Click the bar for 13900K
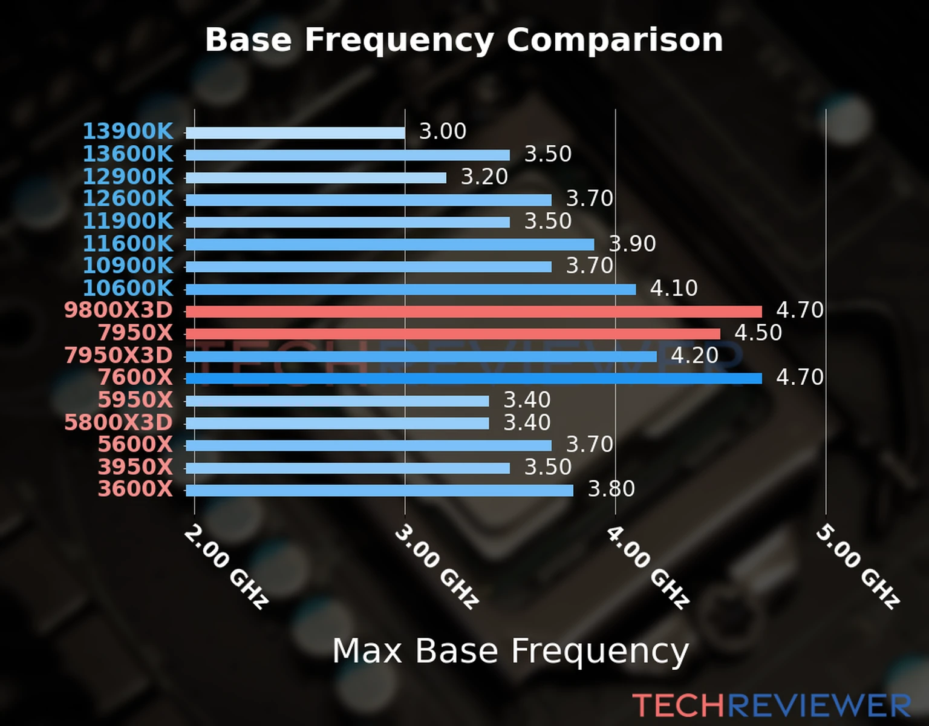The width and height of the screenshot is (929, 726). point(295,133)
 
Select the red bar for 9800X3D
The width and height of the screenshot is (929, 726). point(474,312)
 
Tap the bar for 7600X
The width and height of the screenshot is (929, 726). point(474,379)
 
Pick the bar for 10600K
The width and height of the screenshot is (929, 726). point(411,289)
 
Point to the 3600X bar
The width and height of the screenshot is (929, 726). point(379,490)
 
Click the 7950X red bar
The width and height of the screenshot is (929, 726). point(453,334)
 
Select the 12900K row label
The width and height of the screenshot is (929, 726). point(128,177)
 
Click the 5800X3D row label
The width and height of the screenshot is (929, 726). point(119,422)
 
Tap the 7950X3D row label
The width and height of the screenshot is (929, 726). point(119,355)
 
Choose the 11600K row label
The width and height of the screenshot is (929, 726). point(128,244)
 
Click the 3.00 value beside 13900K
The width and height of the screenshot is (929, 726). point(443,131)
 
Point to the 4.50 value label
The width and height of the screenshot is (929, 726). point(758,333)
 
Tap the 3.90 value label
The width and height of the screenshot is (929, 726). point(632,244)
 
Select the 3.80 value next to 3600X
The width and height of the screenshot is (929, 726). point(611,489)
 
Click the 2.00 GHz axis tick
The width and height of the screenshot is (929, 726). point(226,566)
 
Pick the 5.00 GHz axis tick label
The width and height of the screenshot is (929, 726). point(858,566)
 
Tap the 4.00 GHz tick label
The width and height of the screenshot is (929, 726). point(647,566)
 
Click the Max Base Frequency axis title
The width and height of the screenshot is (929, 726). point(510,652)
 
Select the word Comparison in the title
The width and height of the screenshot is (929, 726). point(614,41)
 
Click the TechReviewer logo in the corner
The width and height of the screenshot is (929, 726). point(771,705)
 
